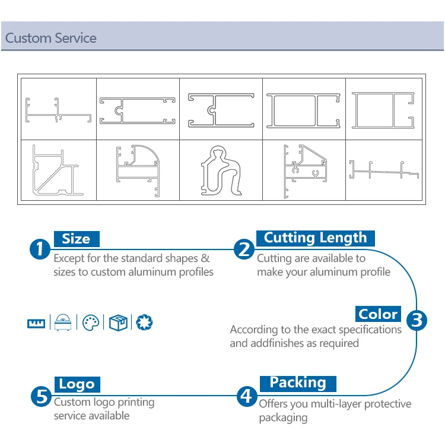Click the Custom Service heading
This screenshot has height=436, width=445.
click(51, 39)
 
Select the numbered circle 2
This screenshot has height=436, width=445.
click(243, 249)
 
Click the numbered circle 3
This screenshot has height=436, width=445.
click(417, 320)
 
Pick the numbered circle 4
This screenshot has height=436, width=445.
click(246, 395)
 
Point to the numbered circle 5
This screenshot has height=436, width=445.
click(41, 396)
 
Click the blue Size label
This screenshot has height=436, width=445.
click(76, 239)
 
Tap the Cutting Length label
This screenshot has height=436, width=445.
click(315, 238)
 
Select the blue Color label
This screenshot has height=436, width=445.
click(379, 314)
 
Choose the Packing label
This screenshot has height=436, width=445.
click(298, 383)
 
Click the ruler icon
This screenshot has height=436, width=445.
click(36, 323)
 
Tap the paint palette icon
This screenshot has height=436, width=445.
click(90, 323)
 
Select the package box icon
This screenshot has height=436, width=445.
click(117, 323)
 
